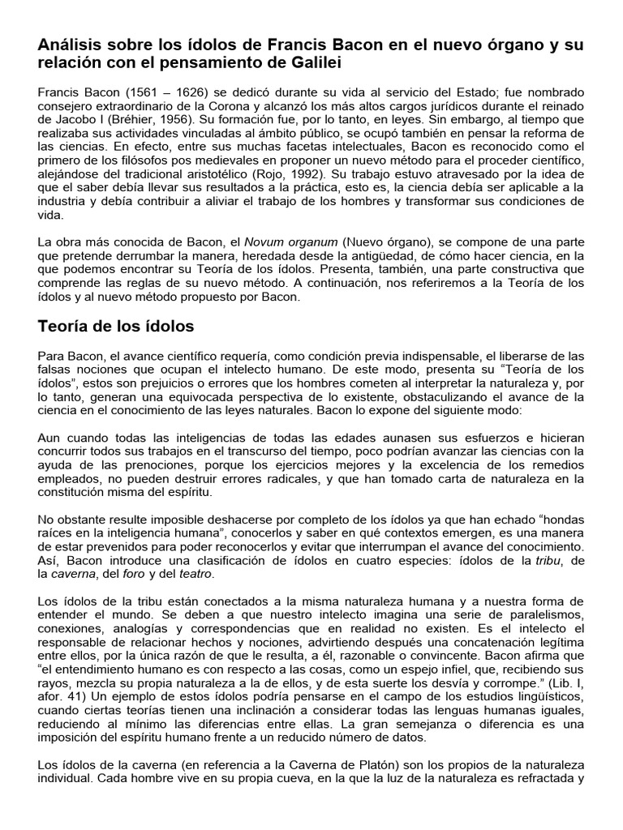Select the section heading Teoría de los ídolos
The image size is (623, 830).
point(115,327)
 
